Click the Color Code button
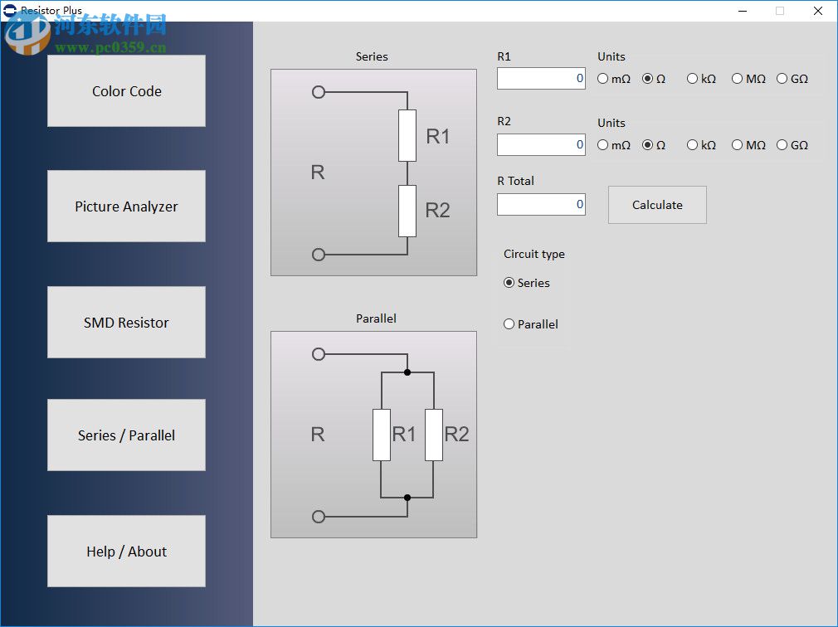(126, 91)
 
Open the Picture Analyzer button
(126, 207)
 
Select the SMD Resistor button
(126, 323)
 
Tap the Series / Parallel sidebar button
(126, 435)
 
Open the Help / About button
(126, 552)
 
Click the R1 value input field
(541, 79)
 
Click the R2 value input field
(541, 145)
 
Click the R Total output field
(541, 205)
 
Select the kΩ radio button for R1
(693, 79)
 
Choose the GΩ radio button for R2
(782, 145)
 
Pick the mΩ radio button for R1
(603, 79)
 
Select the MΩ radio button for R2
(738, 145)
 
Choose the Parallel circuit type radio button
(509, 324)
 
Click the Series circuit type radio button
(509, 283)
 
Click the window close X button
(818, 11)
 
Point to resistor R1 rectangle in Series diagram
(407, 135)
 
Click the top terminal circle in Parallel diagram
(319, 354)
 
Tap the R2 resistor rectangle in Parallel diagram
(434, 435)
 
